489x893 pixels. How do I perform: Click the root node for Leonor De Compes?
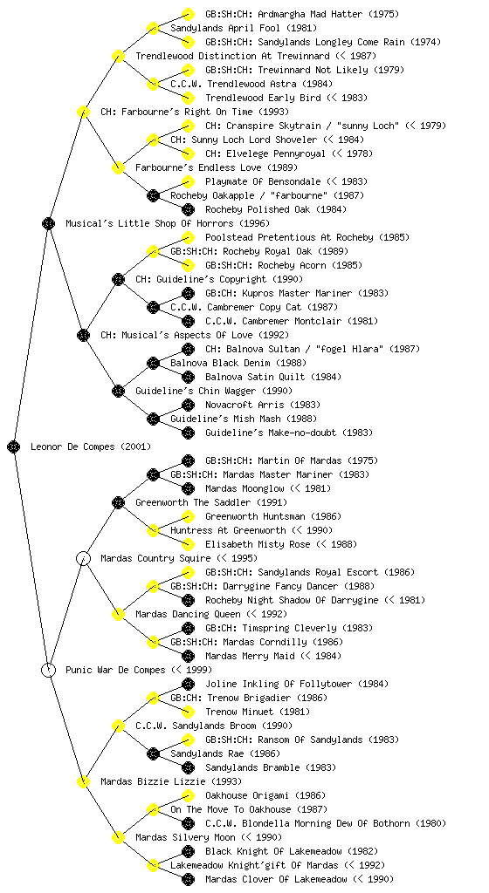[x=14, y=446]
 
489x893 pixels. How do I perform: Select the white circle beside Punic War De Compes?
[x=48, y=670]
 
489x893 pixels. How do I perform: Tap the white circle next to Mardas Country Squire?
[x=83, y=558]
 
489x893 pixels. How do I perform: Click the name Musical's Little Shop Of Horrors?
[x=149, y=223]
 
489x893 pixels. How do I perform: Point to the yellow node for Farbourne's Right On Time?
[x=83, y=112]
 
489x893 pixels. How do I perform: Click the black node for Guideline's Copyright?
[x=118, y=279]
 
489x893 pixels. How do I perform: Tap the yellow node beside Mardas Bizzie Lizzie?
[x=83, y=781]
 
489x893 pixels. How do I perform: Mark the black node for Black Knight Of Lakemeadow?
[x=188, y=851]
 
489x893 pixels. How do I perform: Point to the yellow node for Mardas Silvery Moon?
[x=118, y=837]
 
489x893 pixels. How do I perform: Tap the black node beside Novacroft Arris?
[x=188, y=405]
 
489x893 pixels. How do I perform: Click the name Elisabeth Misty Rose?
[x=258, y=544]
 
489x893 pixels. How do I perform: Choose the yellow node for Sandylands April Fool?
[x=153, y=28]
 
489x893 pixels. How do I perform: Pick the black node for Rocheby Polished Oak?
[x=188, y=209]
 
